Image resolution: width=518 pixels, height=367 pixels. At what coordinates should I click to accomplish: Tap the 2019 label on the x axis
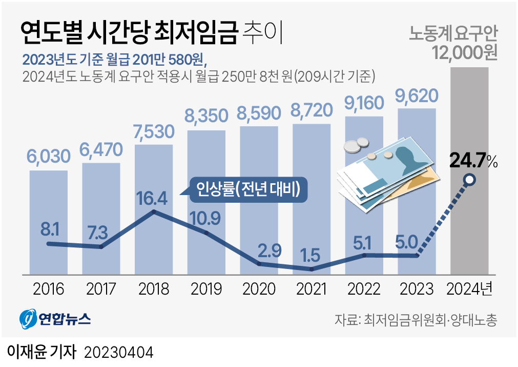click(206, 289)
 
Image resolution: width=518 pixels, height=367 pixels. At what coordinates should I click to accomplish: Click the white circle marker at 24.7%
click(469, 180)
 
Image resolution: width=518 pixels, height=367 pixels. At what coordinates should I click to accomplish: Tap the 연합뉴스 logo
click(55, 319)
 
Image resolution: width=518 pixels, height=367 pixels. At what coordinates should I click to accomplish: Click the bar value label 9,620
click(417, 95)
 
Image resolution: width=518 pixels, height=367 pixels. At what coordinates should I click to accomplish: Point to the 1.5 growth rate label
click(311, 255)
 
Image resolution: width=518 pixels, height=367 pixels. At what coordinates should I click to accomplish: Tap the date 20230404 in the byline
click(118, 353)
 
